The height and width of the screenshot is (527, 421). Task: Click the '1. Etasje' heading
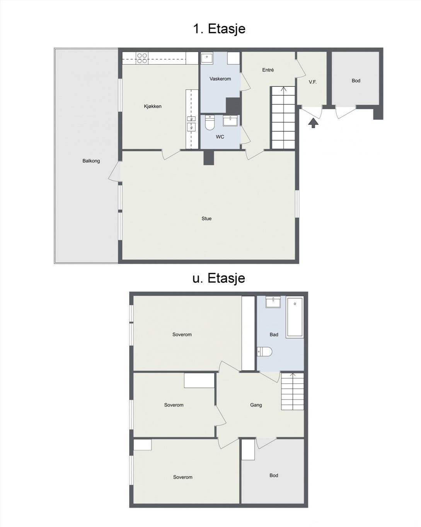pyautogui.click(x=219, y=29)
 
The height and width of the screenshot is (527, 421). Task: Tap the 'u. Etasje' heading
pyautogui.click(x=219, y=278)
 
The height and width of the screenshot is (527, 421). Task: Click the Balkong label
pyautogui.click(x=91, y=161)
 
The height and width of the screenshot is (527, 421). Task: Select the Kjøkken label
pyautogui.click(x=153, y=106)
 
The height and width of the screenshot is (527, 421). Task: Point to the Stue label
pyautogui.click(x=206, y=218)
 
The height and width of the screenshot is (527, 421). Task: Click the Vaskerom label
pyautogui.click(x=220, y=79)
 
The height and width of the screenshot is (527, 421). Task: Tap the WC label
pyautogui.click(x=220, y=137)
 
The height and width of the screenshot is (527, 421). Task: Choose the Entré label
pyautogui.click(x=268, y=70)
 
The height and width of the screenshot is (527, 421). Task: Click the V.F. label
pyautogui.click(x=312, y=82)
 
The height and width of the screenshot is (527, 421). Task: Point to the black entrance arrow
pyautogui.click(x=313, y=123)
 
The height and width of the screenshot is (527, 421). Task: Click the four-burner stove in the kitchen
pyautogui.click(x=142, y=58)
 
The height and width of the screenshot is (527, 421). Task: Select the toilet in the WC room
pyautogui.click(x=209, y=122)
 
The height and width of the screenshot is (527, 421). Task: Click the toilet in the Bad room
pyautogui.click(x=264, y=352)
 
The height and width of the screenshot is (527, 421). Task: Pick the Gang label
pyautogui.click(x=256, y=405)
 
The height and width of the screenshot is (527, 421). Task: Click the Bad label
pyautogui.click(x=274, y=335)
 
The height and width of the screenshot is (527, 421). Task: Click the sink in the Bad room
pyautogui.click(x=273, y=302)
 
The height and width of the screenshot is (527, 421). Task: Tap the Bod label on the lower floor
pyautogui.click(x=274, y=476)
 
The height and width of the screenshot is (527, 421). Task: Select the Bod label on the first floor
pyautogui.click(x=356, y=81)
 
